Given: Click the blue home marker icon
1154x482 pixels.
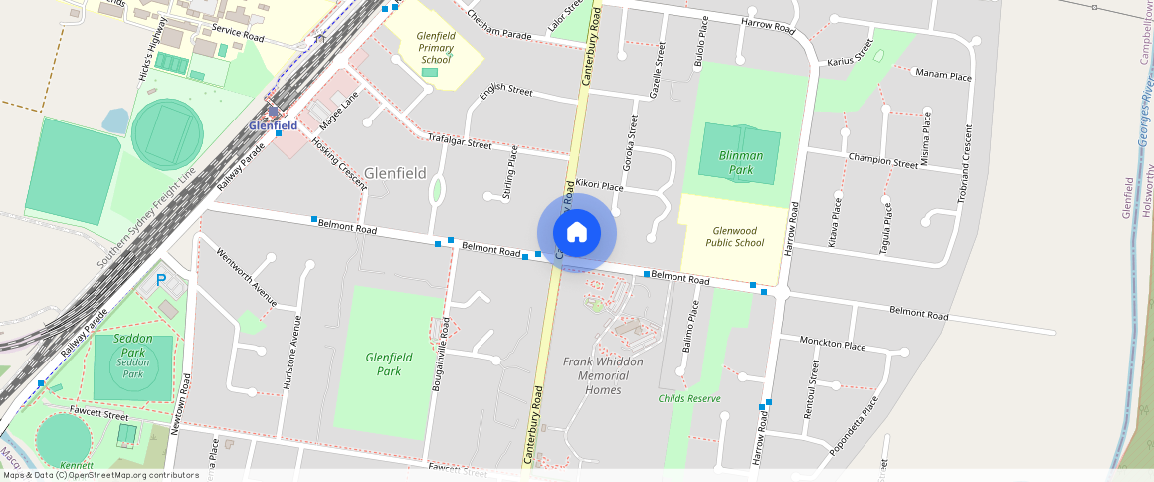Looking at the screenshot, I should pos(577,233).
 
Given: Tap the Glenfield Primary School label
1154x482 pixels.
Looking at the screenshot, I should pos(436,48).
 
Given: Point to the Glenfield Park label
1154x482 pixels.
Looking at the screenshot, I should pos(389,363).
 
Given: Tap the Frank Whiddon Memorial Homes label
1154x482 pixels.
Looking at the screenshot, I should pos(603,375).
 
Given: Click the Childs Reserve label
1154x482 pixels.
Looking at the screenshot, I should pos(689,398).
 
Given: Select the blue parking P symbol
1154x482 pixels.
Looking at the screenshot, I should pos(161,282).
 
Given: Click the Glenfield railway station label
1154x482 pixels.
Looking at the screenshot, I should pos(274,126).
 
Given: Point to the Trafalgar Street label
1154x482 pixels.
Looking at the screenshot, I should pos(460,140).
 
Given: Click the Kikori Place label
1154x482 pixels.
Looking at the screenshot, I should pos(599,184).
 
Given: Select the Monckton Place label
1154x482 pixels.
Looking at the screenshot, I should pos(833,345).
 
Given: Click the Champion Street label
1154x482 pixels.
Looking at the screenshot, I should pos(882,160).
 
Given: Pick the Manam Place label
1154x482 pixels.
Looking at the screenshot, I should pos(943,75).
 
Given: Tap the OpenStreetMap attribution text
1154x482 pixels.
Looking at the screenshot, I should pos(101,475).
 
